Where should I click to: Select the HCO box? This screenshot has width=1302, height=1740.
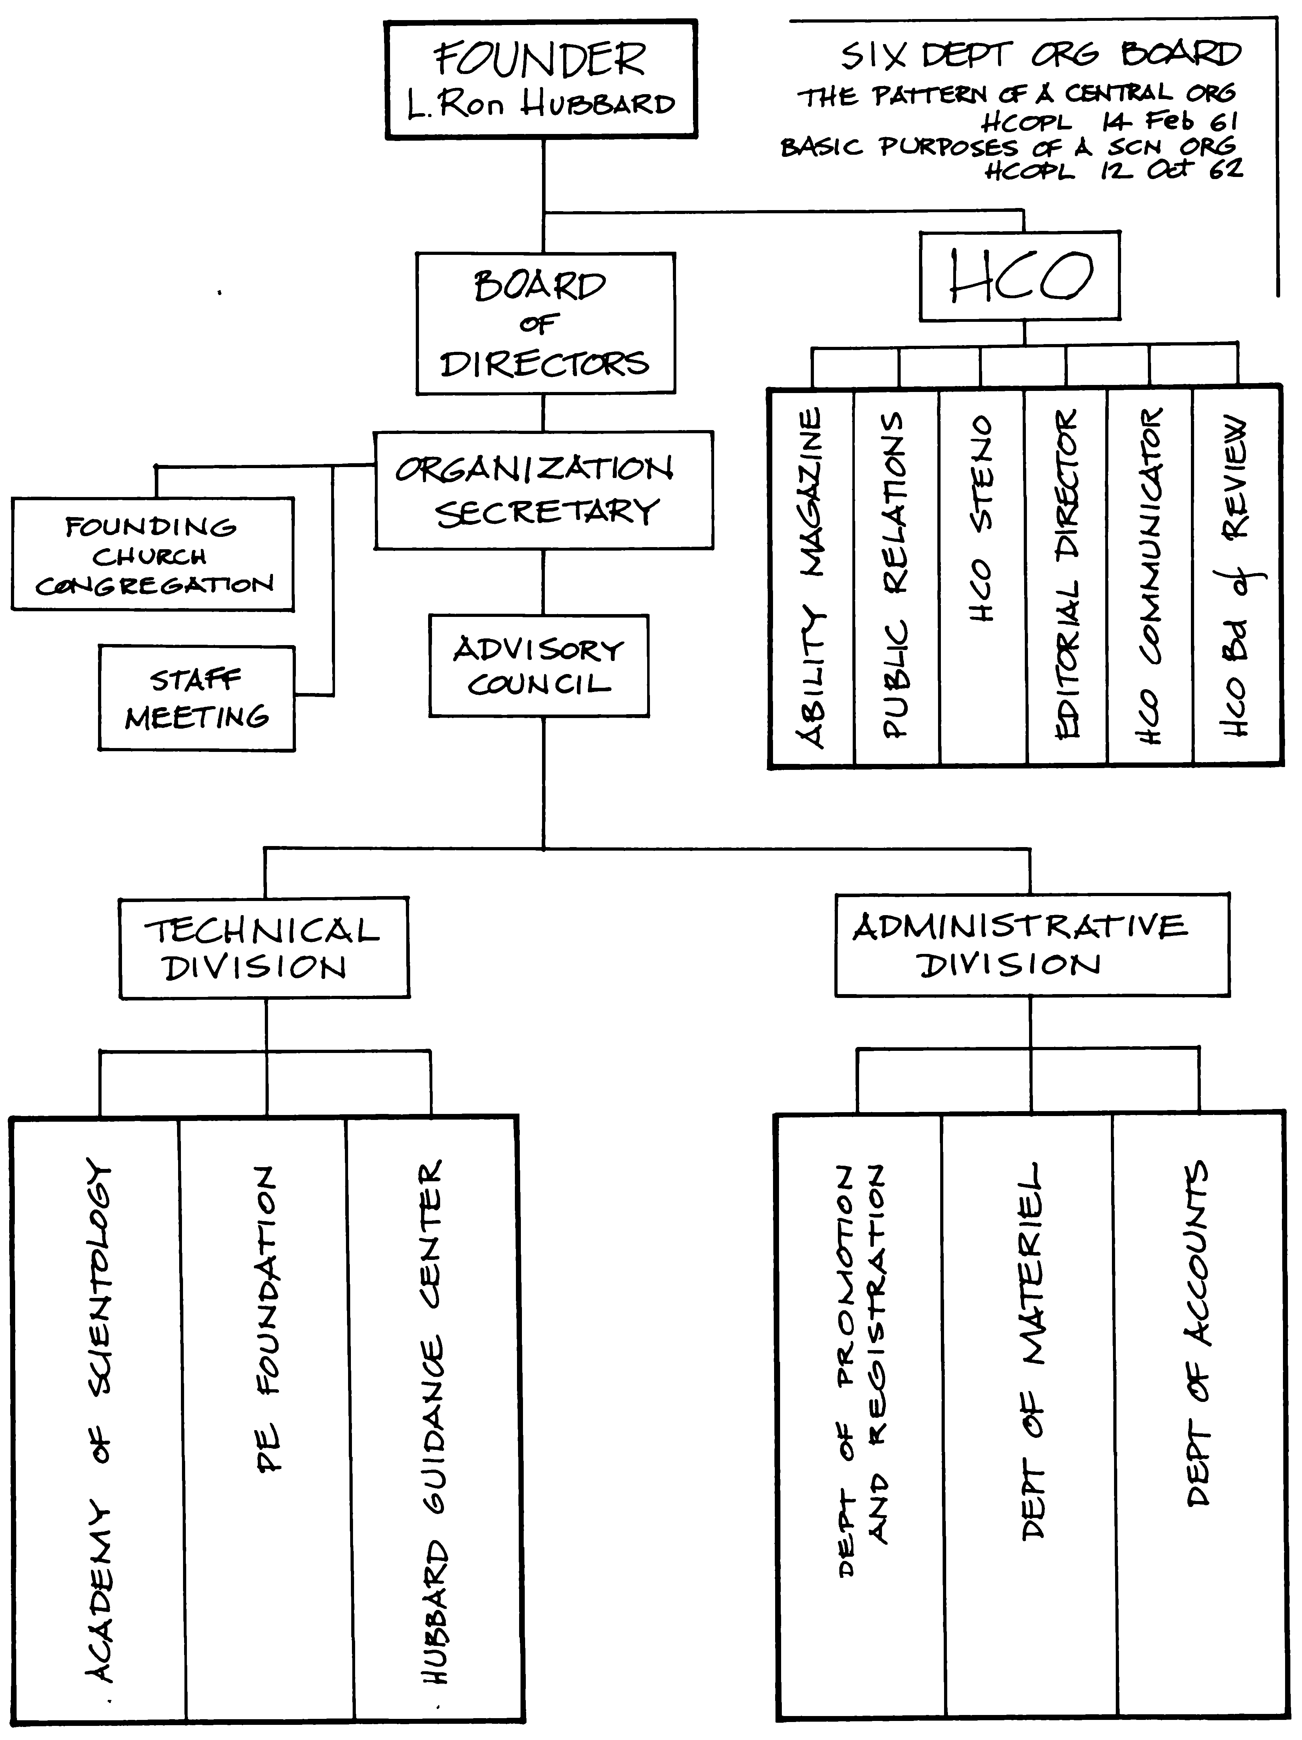tap(1020, 275)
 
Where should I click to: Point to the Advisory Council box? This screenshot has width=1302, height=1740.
tap(539, 666)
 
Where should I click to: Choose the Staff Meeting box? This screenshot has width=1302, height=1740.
tap(197, 699)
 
